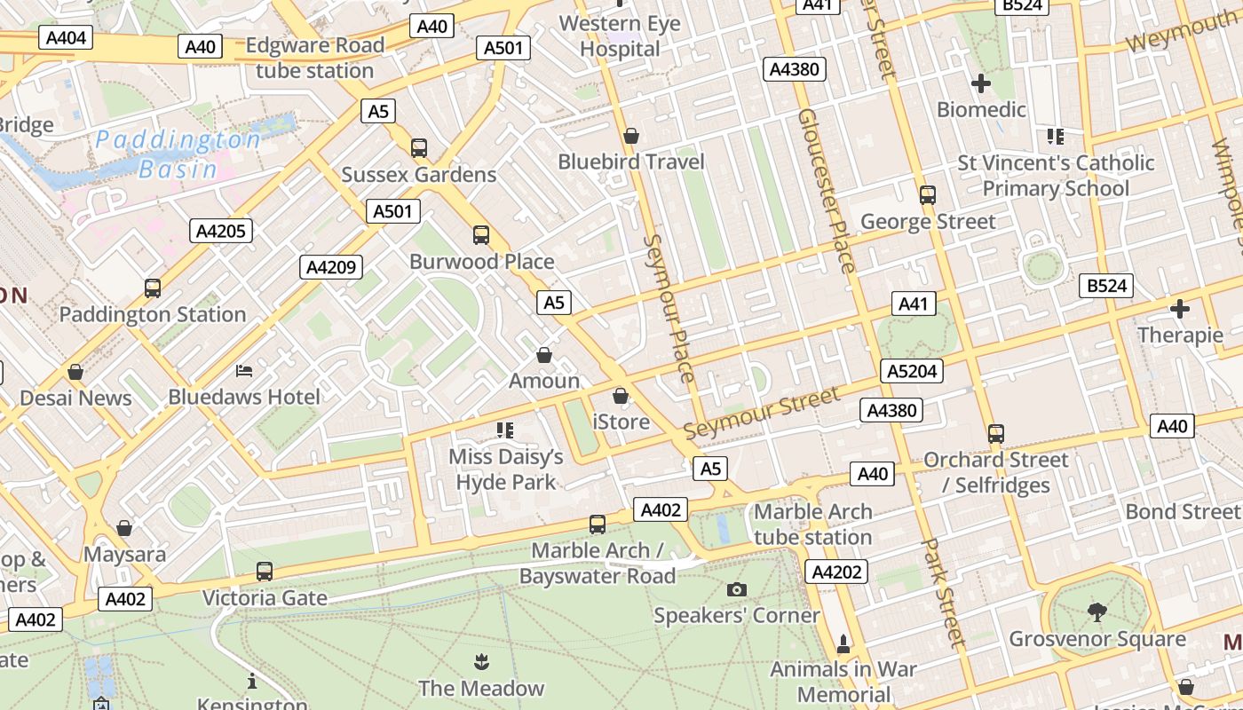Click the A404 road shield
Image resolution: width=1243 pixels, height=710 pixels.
[x=66, y=37]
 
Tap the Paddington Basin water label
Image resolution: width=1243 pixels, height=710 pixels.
[x=178, y=154]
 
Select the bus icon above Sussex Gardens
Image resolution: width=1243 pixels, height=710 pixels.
[x=418, y=148]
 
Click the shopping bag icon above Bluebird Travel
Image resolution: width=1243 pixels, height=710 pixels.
[x=631, y=136]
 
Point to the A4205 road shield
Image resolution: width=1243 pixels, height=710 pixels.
[x=221, y=232]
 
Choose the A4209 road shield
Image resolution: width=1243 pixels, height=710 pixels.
[x=331, y=266]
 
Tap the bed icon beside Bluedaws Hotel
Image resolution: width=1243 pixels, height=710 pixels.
[x=244, y=370]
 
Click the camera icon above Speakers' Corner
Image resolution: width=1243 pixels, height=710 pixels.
[x=736, y=589]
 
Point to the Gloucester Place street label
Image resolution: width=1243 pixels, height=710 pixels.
[x=826, y=191]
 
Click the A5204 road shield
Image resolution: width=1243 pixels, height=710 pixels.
[x=912, y=371]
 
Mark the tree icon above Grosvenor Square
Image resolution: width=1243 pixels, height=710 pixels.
[x=1097, y=611]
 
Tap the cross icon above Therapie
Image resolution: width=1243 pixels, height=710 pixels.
[x=1180, y=309]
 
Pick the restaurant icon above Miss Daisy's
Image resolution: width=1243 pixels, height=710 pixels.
[x=505, y=430]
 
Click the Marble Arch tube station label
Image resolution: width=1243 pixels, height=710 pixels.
[x=812, y=525]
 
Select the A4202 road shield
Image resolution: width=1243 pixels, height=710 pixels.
[x=836, y=572]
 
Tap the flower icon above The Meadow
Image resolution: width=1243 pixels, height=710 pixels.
[x=480, y=661]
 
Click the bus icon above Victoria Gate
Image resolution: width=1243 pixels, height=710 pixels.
[x=265, y=572]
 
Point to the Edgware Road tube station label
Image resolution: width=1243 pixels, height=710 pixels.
[x=314, y=58]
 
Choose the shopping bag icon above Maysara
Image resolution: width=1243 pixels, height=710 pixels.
[x=124, y=528]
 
